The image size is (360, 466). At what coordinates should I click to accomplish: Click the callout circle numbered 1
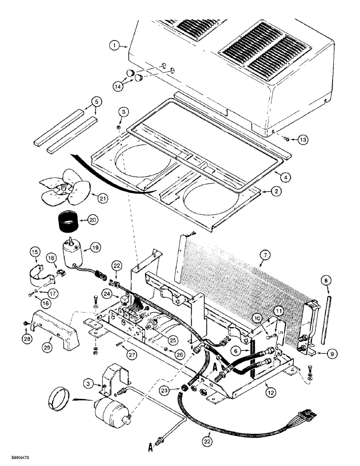click(113, 46)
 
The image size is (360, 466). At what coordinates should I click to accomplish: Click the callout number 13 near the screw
click(303, 140)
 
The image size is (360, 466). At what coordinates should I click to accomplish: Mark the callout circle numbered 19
click(96, 248)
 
